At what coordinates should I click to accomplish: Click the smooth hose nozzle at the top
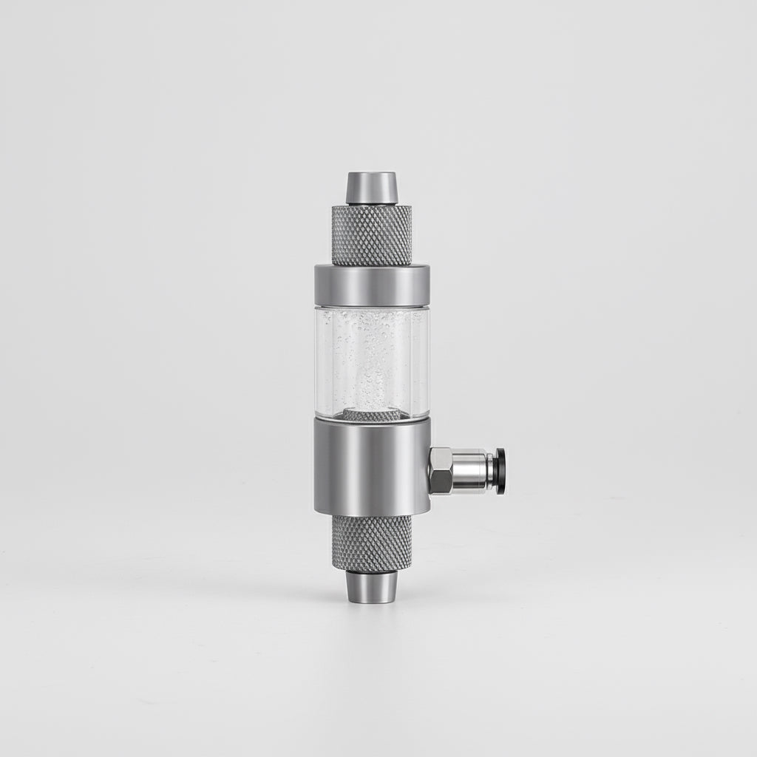coord(371,188)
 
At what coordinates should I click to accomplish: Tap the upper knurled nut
coord(371,234)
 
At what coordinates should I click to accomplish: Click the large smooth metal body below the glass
coord(371,466)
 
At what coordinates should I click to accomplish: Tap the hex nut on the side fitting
coord(443,471)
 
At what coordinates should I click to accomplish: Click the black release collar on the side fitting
coord(501,471)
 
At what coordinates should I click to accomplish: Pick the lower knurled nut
coord(371,542)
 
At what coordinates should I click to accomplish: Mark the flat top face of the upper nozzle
coord(371,175)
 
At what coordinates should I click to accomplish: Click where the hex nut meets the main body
coord(430,471)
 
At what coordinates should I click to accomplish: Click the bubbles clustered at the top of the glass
coord(370,325)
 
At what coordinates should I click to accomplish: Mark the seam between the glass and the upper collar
coord(371,305)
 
